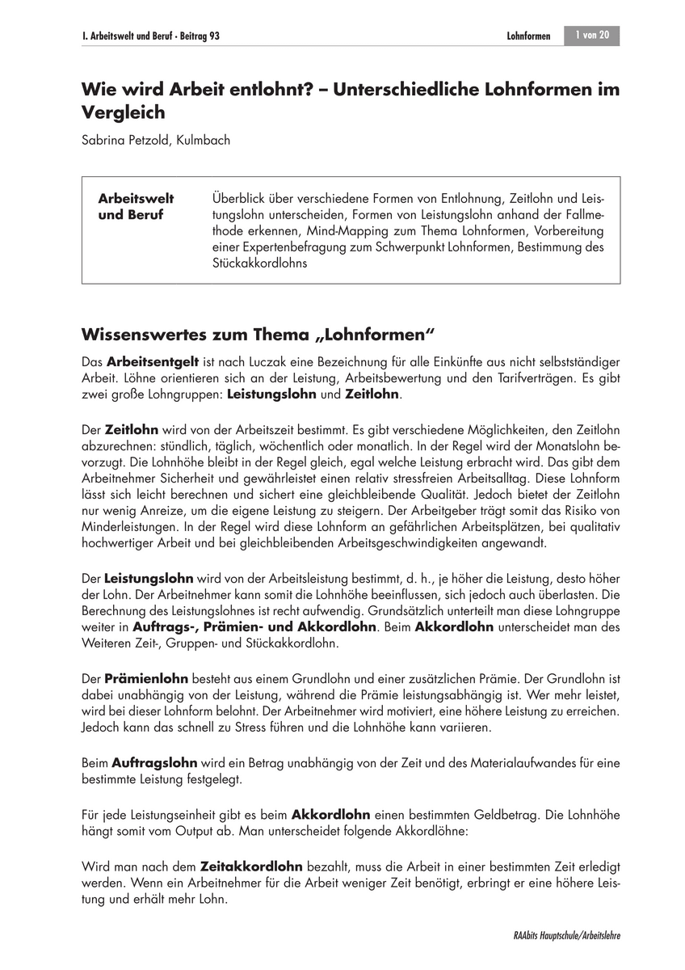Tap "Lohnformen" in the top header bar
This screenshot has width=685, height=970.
[x=528, y=36]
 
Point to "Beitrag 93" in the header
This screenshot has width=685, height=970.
[x=198, y=36]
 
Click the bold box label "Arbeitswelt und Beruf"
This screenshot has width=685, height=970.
[x=136, y=207]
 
